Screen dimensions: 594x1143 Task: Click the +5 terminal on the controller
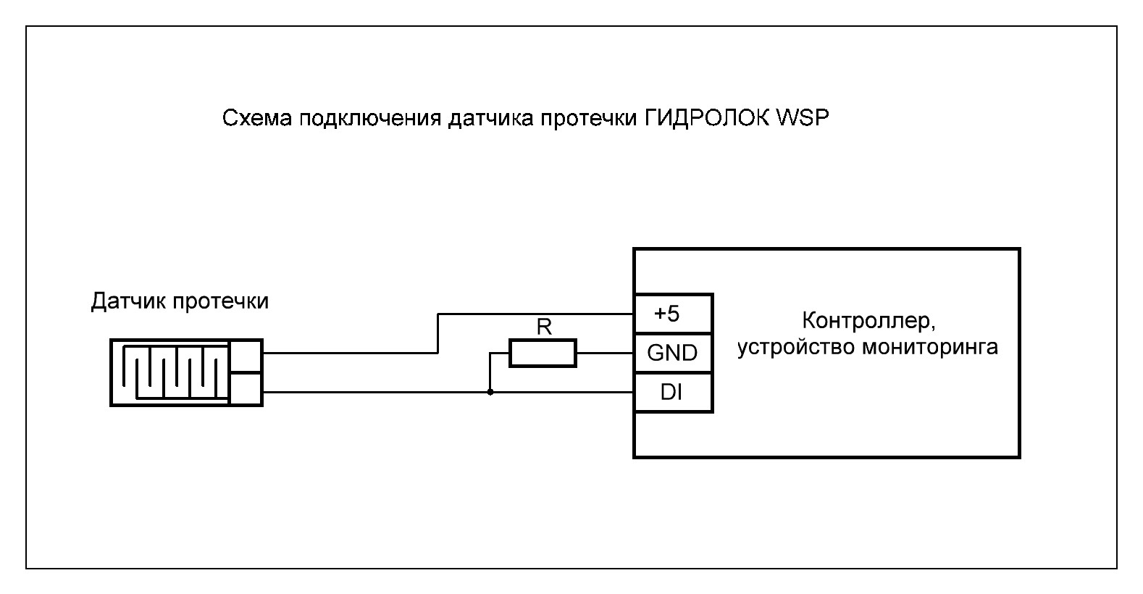tap(673, 314)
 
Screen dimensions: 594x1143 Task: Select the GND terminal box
tap(673, 353)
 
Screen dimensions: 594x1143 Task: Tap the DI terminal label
tap(673, 393)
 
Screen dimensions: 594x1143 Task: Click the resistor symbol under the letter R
tap(543, 354)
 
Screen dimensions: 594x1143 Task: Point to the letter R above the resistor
tap(544, 327)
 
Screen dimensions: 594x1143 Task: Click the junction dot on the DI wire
tap(490, 393)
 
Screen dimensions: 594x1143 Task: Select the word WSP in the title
tap(801, 118)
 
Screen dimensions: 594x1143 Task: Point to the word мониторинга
tap(930, 347)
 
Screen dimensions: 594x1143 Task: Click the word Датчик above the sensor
tap(127, 301)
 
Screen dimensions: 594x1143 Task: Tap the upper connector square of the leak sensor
tap(245, 356)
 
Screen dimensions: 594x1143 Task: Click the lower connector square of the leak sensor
tap(245, 389)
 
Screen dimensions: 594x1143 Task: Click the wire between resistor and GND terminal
tap(606, 354)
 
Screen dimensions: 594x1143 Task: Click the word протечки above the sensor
tap(221, 301)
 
